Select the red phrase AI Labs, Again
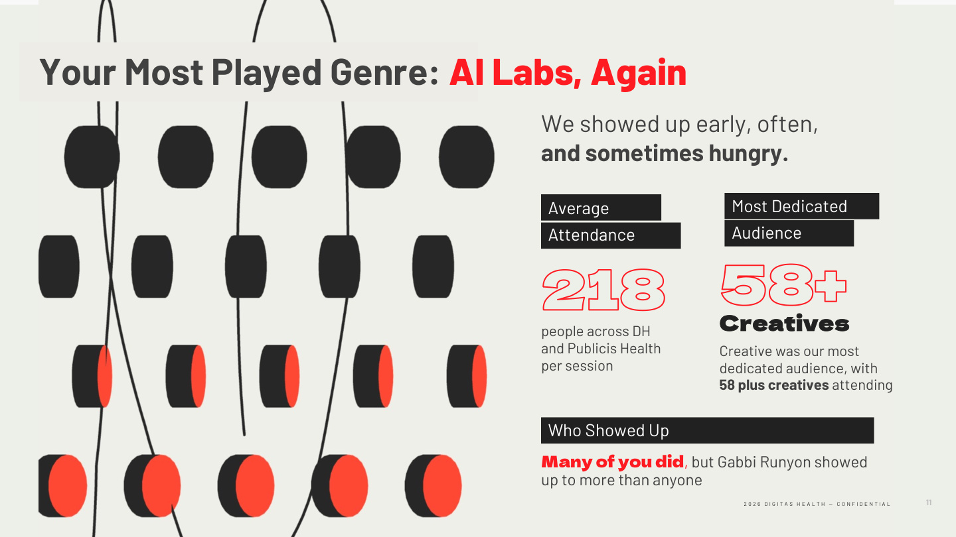(x=568, y=72)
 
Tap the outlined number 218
(x=603, y=290)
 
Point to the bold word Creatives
(x=784, y=324)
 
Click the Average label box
(x=600, y=208)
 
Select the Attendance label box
(x=610, y=235)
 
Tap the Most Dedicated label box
(x=801, y=206)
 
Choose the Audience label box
(x=788, y=233)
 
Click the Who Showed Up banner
(x=706, y=430)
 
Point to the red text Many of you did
(x=612, y=462)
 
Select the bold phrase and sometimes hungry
(x=665, y=153)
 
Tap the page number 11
(x=929, y=503)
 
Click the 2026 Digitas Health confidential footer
(x=817, y=504)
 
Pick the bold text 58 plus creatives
(x=773, y=385)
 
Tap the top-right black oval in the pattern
(x=466, y=156)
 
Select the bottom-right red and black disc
(x=433, y=485)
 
